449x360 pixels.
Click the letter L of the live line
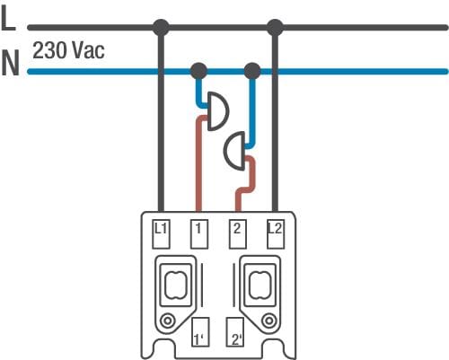point(8,18)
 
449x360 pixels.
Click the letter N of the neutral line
point(11,63)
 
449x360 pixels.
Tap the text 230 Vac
point(68,50)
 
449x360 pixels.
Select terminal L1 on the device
point(161,234)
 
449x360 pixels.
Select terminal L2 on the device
point(276,234)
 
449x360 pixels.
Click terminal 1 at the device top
point(199,234)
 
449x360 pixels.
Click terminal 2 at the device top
point(238,234)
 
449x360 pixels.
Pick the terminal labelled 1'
point(200,332)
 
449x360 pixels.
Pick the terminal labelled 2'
point(235,332)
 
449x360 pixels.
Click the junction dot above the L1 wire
point(161,28)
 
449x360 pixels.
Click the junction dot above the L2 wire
point(275,28)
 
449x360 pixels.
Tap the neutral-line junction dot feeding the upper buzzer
point(198,71)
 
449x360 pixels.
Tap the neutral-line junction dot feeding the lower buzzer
point(252,71)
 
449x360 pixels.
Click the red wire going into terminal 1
point(198,164)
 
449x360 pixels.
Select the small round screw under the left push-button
point(167,321)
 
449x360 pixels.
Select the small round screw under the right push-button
point(269,321)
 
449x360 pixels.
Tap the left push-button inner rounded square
point(175,285)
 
